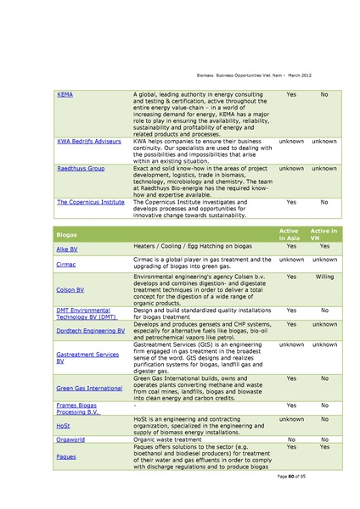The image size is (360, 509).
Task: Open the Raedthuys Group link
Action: (x=82, y=169)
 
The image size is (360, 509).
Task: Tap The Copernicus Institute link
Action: (x=91, y=203)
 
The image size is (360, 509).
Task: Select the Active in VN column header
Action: (x=323, y=233)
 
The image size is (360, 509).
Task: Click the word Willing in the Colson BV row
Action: (x=323, y=277)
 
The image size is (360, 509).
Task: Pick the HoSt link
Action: (x=63, y=424)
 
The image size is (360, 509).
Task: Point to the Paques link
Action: (x=66, y=456)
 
